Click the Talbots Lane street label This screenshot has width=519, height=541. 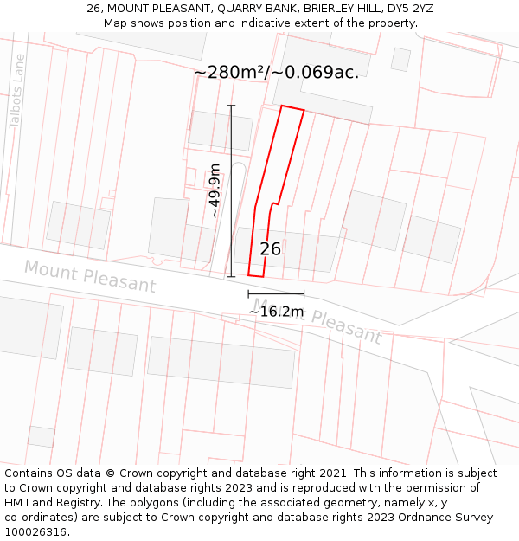(x=17, y=91)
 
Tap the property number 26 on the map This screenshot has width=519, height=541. (x=270, y=249)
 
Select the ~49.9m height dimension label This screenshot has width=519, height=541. (x=214, y=190)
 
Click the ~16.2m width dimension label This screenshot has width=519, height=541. (x=276, y=312)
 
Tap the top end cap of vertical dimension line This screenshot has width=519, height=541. (x=231, y=106)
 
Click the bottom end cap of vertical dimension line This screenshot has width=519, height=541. (x=231, y=277)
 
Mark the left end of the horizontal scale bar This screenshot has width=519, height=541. (x=248, y=294)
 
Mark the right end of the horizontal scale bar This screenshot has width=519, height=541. (x=304, y=294)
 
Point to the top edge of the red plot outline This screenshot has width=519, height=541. (x=292, y=108)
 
